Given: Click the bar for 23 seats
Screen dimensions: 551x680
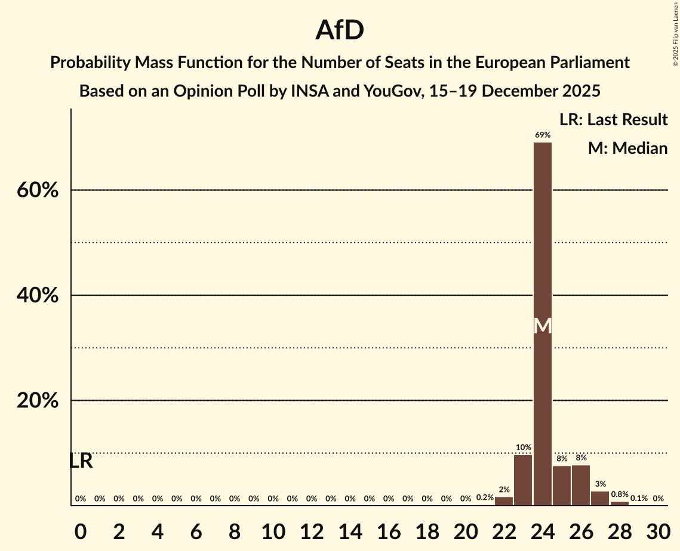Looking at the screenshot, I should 523,480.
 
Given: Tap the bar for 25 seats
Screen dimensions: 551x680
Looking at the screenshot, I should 562,485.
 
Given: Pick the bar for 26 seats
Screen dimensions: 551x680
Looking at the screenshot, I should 581,485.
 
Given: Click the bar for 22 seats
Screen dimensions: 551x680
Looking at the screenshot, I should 504,501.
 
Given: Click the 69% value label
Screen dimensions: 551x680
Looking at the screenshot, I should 542,135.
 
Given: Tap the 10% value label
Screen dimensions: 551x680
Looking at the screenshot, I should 523,447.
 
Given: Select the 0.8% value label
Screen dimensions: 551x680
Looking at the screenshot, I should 619,494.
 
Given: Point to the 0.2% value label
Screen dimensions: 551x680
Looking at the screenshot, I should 485,498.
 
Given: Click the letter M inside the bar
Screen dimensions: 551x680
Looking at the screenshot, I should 542,326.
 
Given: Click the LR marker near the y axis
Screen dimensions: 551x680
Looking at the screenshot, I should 81,461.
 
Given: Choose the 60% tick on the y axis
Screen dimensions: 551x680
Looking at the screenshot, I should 37,190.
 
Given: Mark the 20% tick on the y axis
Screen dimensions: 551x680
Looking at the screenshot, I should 37,401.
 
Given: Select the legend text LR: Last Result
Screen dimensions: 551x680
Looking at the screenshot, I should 613,120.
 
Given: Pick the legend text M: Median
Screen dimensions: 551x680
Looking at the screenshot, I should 627,148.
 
